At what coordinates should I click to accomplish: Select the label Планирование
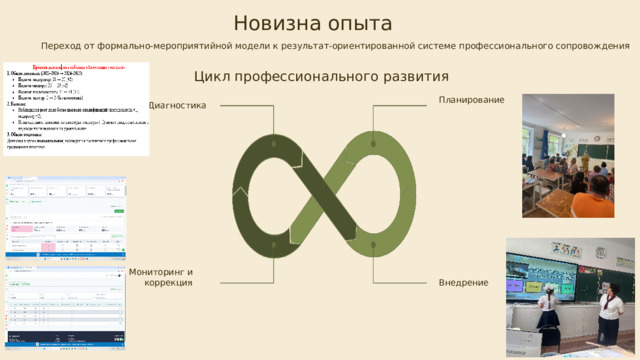471,99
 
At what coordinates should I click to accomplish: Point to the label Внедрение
463,283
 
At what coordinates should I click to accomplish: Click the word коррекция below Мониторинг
168,284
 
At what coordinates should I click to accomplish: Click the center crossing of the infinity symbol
320,190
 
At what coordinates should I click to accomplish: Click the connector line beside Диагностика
240,106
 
